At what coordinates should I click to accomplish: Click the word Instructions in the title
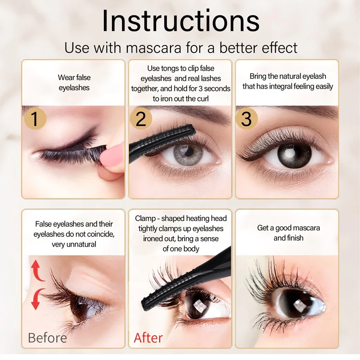(180, 21)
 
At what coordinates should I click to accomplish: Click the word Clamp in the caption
(146, 218)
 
